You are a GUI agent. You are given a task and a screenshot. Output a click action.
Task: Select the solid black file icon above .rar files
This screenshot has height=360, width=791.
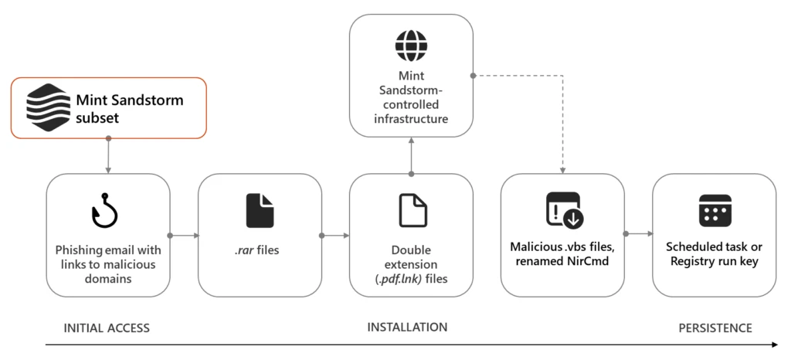pos(260,210)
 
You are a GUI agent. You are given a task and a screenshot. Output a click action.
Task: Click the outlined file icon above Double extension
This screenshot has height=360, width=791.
pos(411,210)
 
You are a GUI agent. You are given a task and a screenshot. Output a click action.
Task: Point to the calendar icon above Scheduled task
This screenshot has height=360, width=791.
pos(715,210)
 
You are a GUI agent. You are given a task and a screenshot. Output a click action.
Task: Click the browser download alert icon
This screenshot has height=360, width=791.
pos(562,210)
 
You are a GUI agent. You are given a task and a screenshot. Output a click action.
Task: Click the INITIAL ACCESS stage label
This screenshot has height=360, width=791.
pos(97,328)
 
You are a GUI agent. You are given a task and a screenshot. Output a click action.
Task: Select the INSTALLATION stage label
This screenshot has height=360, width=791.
pos(407,328)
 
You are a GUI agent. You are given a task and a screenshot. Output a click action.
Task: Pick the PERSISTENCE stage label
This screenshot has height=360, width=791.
pos(715,328)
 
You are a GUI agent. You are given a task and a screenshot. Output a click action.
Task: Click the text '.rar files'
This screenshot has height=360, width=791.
pos(260,250)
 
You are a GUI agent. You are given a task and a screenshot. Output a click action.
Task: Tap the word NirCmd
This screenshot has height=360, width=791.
pos(591,262)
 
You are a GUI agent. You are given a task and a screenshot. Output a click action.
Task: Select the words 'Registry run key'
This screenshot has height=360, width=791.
pos(715,262)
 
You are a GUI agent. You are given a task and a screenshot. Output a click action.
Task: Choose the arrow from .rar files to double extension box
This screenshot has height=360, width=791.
pos(335,235)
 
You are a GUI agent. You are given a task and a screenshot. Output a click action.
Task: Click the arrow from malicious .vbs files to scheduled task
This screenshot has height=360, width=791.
pos(638,235)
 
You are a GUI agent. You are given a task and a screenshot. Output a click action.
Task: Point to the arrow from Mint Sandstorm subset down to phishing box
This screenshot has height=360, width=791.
pos(108,156)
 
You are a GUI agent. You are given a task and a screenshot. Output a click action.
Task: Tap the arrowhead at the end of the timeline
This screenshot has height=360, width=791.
pos(774,345)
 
